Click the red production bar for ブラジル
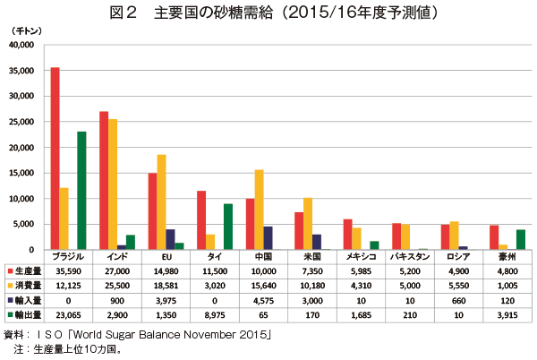tap(55, 159)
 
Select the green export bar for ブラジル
tap(81, 191)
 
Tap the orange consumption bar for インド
tap(113, 184)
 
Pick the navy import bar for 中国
tap(268, 238)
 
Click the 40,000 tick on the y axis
tap(20, 45)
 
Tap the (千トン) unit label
tap(22, 30)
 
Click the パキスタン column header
tap(409, 255)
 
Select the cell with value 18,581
tap(166, 285)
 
